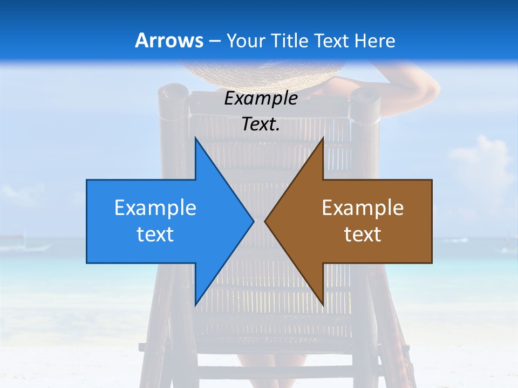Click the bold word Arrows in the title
pyautogui.click(x=169, y=40)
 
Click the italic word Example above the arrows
pyautogui.click(x=261, y=98)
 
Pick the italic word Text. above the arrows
pyautogui.click(x=261, y=124)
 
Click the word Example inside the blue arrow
pyautogui.click(x=155, y=207)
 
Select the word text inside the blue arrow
pyautogui.click(x=155, y=234)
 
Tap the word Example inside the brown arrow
pyautogui.click(x=363, y=207)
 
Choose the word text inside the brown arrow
pyautogui.click(x=363, y=234)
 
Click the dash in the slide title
pyautogui.click(x=214, y=41)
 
